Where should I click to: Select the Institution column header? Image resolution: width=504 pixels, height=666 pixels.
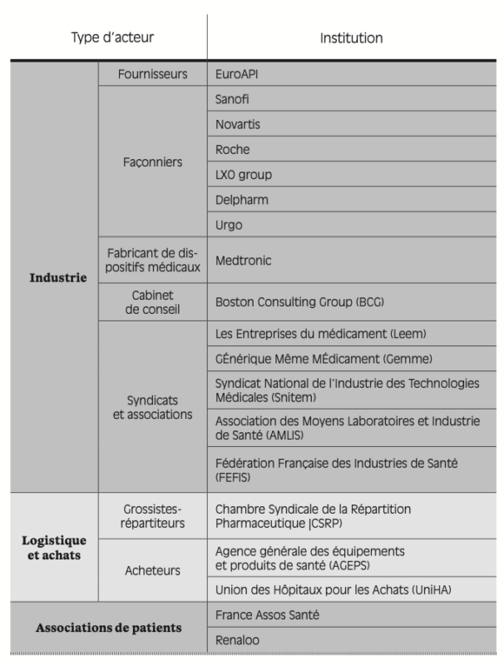pos(351,37)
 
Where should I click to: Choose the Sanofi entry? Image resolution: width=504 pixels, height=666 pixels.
pos(232,99)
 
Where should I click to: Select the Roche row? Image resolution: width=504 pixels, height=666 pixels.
pos(232,150)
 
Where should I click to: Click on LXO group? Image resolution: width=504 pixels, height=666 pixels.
pos(243,175)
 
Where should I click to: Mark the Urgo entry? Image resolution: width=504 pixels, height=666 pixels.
pos(229,225)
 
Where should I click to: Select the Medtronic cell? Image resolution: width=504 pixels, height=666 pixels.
pos(243,261)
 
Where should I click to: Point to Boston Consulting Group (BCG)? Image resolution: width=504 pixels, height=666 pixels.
pos(299,302)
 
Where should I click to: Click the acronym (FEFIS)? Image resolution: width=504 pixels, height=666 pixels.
pos(235,480)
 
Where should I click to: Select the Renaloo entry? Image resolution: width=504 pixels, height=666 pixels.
pos(237,639)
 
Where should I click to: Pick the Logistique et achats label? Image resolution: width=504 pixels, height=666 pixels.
pos(53,546)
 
